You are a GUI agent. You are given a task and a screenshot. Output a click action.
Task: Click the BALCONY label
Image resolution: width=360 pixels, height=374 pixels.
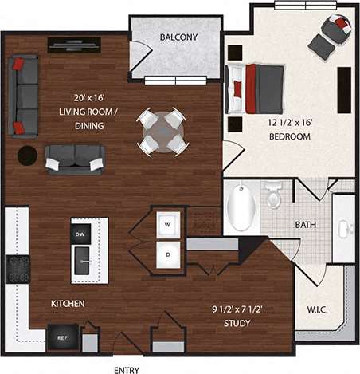coord(178,37)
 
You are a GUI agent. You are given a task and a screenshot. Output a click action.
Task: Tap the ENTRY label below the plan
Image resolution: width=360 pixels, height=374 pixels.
coord(127,369)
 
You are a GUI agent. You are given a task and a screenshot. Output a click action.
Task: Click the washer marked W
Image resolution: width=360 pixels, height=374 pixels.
coord(168,224)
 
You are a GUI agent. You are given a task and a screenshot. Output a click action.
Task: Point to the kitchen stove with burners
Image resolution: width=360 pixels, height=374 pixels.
coord(17,269)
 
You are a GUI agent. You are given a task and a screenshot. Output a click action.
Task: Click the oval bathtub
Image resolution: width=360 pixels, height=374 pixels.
coord(241,207)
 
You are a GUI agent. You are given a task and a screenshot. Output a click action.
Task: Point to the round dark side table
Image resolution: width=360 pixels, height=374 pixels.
coord(27,155)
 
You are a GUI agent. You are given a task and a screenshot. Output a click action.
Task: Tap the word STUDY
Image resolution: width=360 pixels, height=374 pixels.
coord(237,324)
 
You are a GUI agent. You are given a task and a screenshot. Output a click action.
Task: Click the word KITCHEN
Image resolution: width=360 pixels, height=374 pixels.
coord(68,304)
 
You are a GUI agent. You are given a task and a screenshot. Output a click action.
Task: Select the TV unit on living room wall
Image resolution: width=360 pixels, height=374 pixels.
coord(73,45)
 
